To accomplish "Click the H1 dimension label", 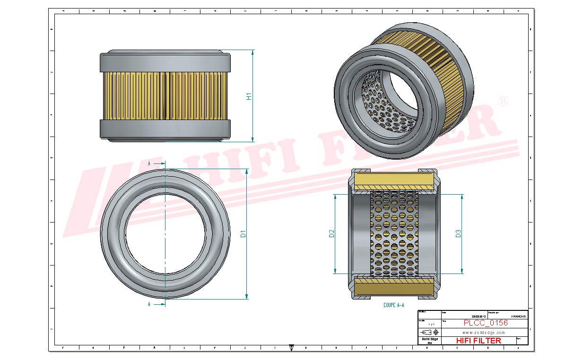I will coord(249,96).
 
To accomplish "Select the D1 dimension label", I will coord(243,233).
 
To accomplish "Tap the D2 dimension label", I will coord(331,233).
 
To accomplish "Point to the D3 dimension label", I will coord(458,233).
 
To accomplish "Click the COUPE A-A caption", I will coord(393,305).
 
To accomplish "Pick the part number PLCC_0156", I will coord(485,323).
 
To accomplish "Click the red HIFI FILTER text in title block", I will coord(478,341).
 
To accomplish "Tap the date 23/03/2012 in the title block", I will coord(479,317).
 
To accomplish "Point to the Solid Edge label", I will coord(429,339).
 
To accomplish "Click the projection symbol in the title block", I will coord(429,332).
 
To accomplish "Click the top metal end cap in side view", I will coord(165,62).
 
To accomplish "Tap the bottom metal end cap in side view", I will coord(165,128).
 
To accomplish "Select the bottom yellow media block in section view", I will coord(393,287).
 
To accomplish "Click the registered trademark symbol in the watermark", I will coord(504,101).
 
